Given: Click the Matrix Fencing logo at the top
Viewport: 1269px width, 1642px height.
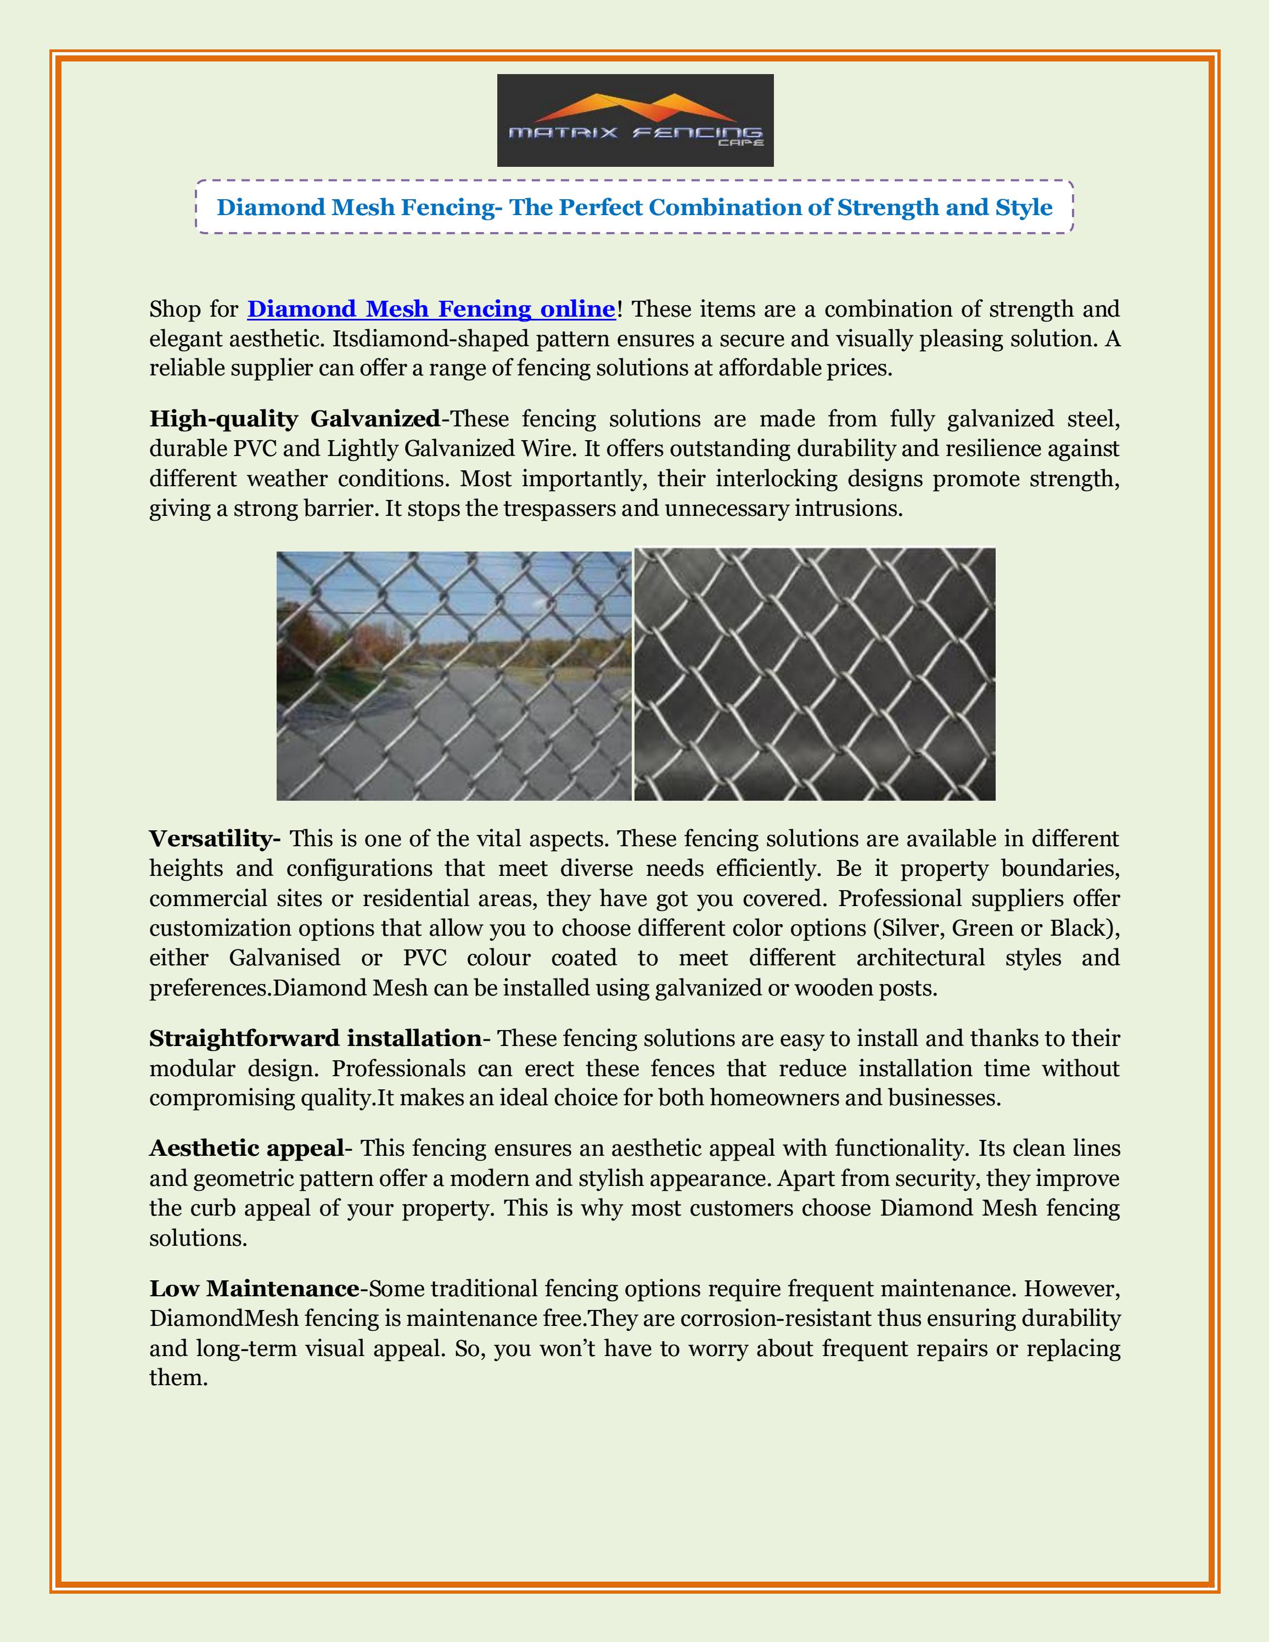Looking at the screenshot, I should [635, 120].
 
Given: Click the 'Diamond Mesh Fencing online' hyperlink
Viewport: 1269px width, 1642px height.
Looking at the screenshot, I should [431, 309].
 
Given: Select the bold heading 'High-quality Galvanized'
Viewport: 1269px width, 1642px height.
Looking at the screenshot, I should [294, 419].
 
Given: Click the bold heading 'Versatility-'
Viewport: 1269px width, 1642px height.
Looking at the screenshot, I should [215, 839].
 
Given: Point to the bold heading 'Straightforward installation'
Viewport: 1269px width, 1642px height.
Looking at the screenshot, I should [315, 1038].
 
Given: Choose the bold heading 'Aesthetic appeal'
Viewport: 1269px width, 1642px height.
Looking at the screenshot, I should [246, 1148].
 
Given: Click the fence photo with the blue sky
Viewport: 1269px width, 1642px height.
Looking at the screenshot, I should [453, 674].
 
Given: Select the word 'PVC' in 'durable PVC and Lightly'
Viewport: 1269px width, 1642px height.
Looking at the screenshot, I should [255, 449].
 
